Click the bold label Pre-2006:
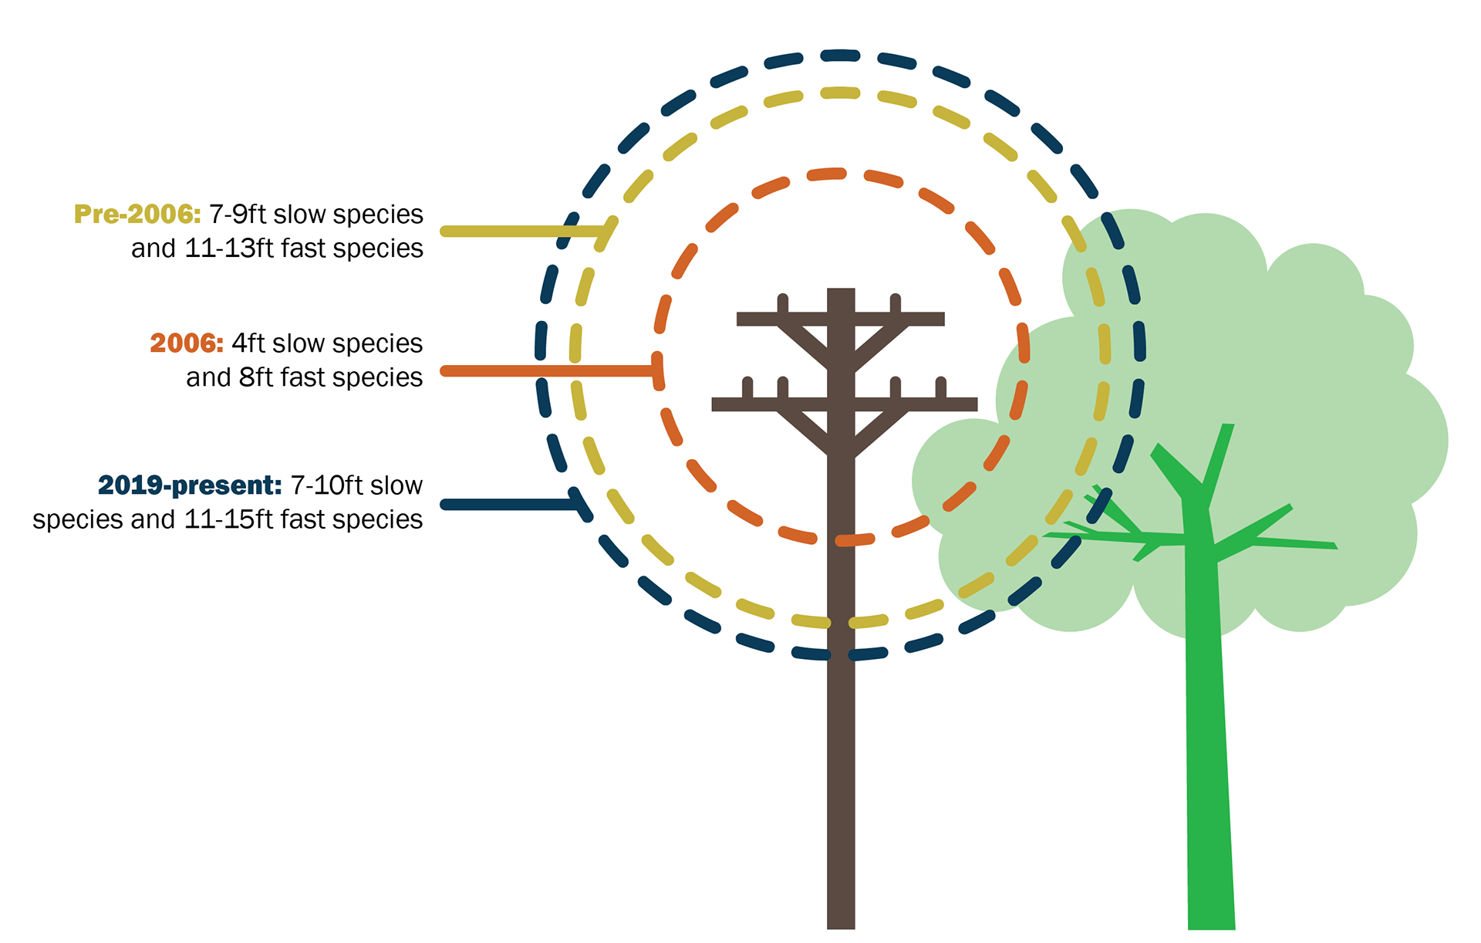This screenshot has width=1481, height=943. click(x=137, y=214)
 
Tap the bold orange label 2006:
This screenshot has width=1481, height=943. click(x=186, y=343)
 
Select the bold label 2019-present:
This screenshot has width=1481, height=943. click(x=189, y=485)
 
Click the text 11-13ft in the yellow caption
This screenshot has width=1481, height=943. click(x=220, y=248)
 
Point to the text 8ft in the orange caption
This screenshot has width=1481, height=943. click(x=256, y=377)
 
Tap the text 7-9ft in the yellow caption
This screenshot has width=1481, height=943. click(x=238, y=214)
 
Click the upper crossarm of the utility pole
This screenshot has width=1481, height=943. click(x=840, y=319)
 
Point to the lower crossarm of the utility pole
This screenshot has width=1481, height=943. click(x=844, y=404)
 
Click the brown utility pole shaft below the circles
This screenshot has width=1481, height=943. click(x=841, y=772)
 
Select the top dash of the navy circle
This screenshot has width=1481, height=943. click(x=840, y=56)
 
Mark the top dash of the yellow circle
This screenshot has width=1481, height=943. click(x=840, y=93)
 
